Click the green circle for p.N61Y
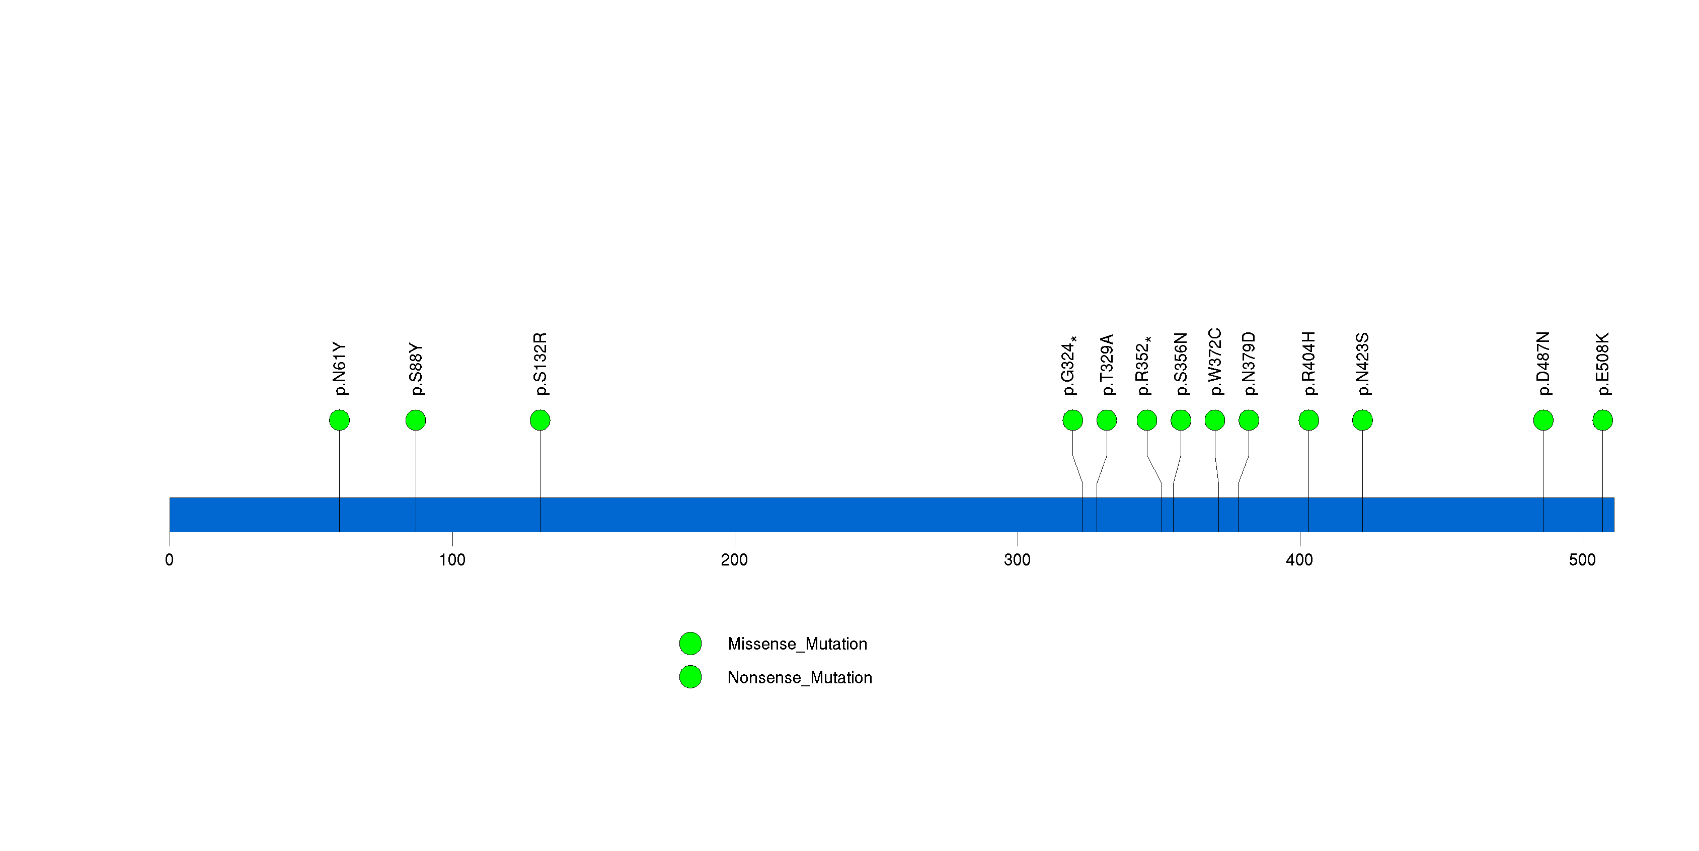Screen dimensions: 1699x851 tap(339, 420)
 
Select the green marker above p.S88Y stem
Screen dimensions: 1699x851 tap(416, 420)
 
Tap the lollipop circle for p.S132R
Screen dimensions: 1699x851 tap(540, 420)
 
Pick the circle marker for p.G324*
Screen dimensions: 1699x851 tap(1072, 420)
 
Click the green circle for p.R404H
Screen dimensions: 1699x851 tap(1308, 420)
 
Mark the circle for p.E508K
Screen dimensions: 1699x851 tap(1603, 420)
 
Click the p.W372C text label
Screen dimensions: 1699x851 tap(1215, 362)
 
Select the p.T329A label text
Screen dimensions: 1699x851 tap(1107, 365)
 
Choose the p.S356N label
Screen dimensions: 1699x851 tap(1181, 364)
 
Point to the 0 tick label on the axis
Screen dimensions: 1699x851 tap(170, 560)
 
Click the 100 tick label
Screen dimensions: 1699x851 tap(452, 560)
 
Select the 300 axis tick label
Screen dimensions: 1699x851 tap(1017, 560)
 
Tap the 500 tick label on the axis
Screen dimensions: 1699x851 tap(1582, 560)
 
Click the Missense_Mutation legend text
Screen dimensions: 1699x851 tap(797, 644)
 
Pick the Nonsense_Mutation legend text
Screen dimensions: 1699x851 tap(800, 677)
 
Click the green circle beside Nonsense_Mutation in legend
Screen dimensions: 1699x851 tap(690, 677)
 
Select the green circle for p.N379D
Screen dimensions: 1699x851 tap(1249, 420)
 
